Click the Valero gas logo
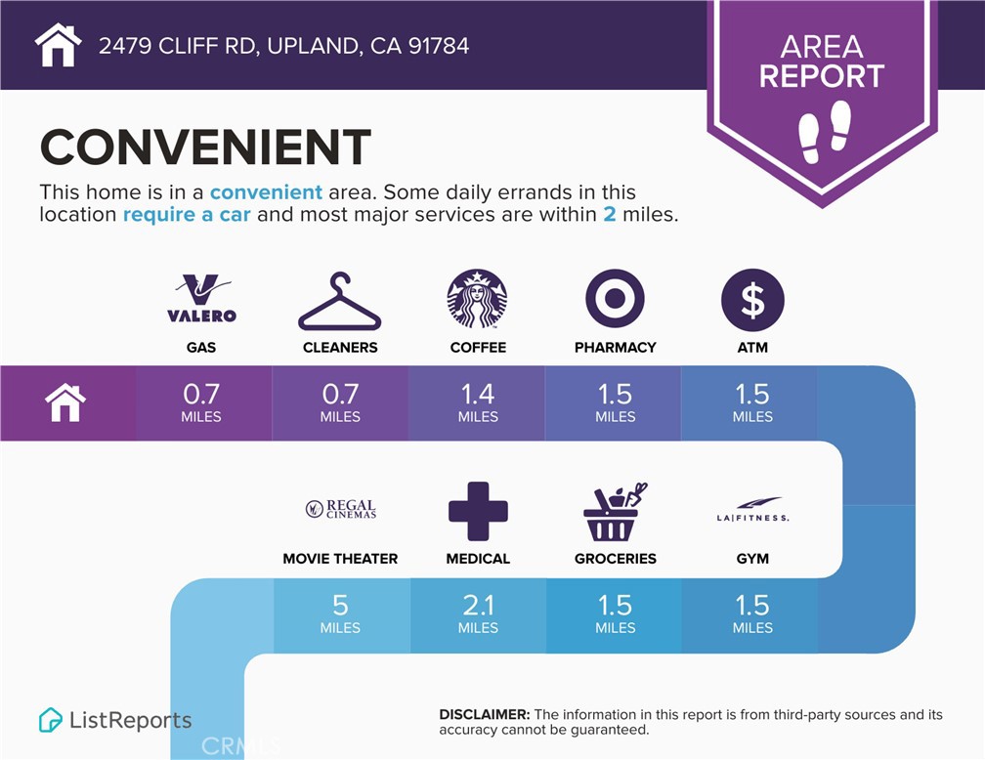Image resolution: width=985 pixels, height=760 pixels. pyautogui.click(x=201, y=298)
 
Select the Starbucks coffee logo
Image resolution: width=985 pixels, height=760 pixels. pyautogui.click(x=478, y=298)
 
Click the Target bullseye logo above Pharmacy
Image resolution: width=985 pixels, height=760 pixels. pyautogui.click(x=615, y=298)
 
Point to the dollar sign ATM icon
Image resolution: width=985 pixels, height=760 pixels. pyautogui.click(x=752, y=300)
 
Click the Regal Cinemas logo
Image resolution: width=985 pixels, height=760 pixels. pyautogui.click(x=340, y=509)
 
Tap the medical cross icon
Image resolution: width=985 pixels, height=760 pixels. pyautogui.click(x=478, y=511)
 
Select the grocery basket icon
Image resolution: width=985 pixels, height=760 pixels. pyautogui.click(x=615, y=512)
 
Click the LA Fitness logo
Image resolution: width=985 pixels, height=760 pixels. pyautogui.click(x=752, y=509)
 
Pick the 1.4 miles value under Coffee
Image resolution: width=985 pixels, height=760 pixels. pyautogui.click(x=478, y=402)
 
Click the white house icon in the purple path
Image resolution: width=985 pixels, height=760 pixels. pyautogui.click(x=65, y=403)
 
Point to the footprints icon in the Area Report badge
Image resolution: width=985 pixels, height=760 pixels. pyautogui.click(x=824, y=132)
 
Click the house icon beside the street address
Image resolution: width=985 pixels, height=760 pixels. pyautogui.click(x=58, y=45)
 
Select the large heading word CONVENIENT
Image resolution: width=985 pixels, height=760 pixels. pyautogui.click(x=205, y=147)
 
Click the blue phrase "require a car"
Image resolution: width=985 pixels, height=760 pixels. pyautogui.click(x=187, y=215)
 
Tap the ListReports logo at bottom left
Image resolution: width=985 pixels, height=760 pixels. pyautogui.click(x=115, y=720)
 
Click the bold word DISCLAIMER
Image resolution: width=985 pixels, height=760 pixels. pyautogui.click(x=485, y=714)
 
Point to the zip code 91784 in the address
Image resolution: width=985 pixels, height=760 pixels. pyautogui.click(x=439, y=46)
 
